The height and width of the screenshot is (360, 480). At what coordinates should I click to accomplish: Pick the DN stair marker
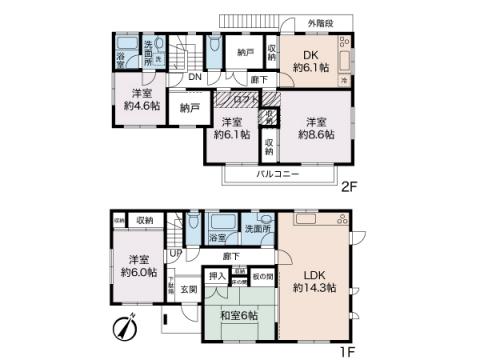click(x=195, y=78)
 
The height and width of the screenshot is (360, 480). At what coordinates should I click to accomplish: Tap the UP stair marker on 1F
click(x=176, y=253)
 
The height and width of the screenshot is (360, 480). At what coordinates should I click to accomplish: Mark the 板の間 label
click(x=262, y=275)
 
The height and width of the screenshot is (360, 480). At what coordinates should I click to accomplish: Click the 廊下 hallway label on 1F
click(x=231, y=256)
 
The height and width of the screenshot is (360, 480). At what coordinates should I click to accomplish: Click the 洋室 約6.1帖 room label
click(x=231, y=133)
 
